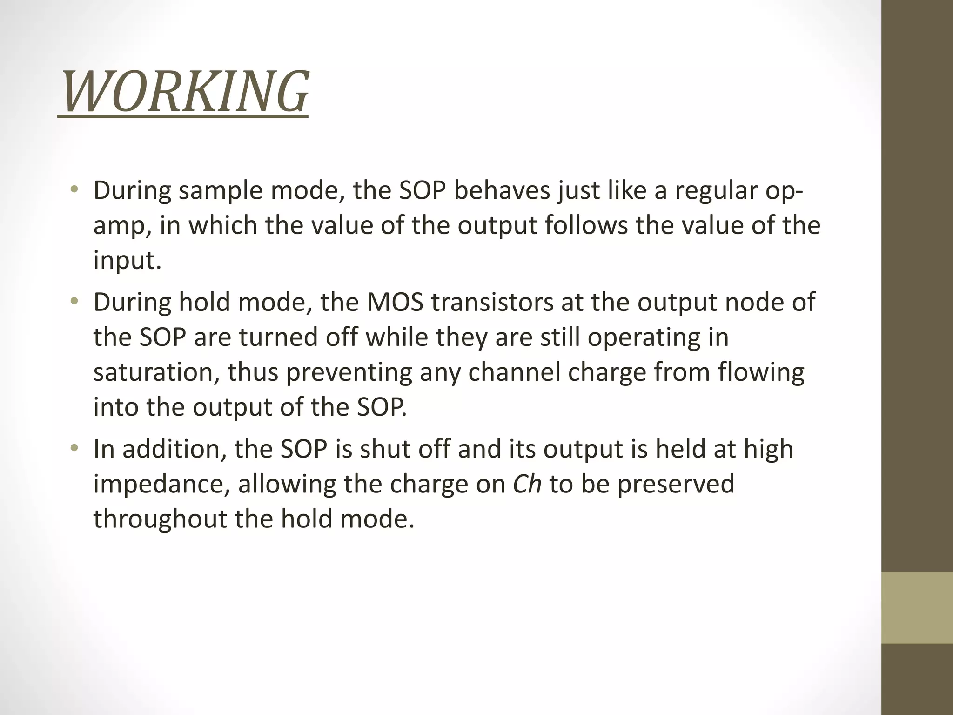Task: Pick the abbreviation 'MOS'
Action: click(395, 302)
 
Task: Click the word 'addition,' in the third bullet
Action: click(174, 449)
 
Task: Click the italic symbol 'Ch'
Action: click(527, 484)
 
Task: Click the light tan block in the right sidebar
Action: click(917, 607)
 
